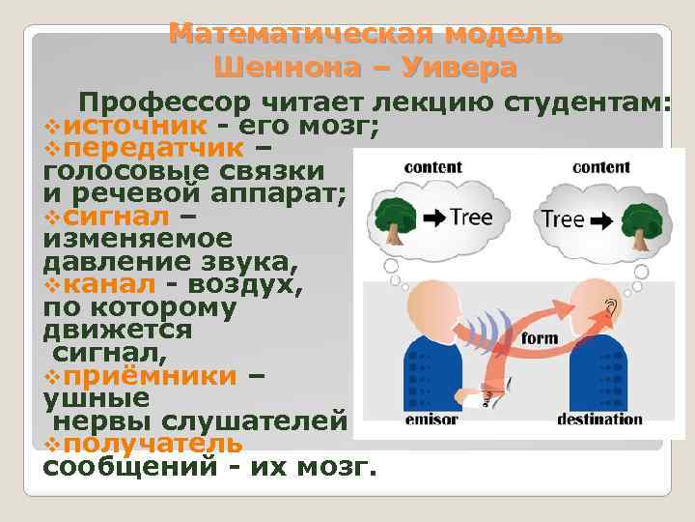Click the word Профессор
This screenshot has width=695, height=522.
pos(164,103)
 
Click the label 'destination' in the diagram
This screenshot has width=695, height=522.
pos(599,420)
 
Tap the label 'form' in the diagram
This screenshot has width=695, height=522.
pos(540,339)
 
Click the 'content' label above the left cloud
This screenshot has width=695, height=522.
pos(433,167)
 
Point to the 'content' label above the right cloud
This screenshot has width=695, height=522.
pos(600,167)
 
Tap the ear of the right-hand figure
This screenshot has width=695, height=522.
pos(610,308)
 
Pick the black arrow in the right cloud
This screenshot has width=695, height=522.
pos(600,220)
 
